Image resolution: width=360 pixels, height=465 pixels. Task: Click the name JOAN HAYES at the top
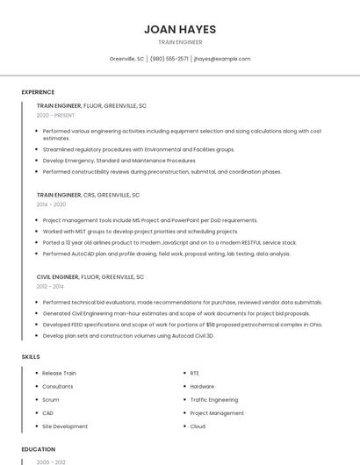click(x=180, y=29)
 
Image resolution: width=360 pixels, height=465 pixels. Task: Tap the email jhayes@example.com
click(x=222, y=59)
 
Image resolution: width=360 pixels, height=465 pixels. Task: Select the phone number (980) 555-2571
click(x=169, y=59)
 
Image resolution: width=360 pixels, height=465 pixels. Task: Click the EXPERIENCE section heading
click(x=38, y=92)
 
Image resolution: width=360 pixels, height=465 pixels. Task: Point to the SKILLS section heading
click(x=31, y=357)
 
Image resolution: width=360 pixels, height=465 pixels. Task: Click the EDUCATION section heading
click(x=39, y=449)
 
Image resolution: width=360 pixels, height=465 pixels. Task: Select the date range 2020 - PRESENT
click(x=55, y=115)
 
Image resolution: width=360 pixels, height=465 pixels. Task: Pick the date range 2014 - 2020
click(x=51, y=204)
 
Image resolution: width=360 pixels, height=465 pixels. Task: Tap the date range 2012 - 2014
click(x=50, y=286)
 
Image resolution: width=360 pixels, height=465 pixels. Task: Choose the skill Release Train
click(x=59, y=373)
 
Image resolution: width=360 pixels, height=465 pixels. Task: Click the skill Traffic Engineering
click(x=213, y=399)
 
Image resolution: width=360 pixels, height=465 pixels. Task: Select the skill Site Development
click(x=65, y=426)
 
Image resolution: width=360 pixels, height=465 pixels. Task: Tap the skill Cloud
click(x=198, y=426)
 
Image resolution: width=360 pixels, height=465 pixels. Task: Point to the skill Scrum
click(x=52, y=399)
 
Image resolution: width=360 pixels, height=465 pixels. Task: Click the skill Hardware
click(x=202, y=386)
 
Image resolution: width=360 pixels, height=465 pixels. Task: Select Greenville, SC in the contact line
click(x=126, y=59)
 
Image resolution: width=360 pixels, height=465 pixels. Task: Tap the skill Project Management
click(x=217, y=412)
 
